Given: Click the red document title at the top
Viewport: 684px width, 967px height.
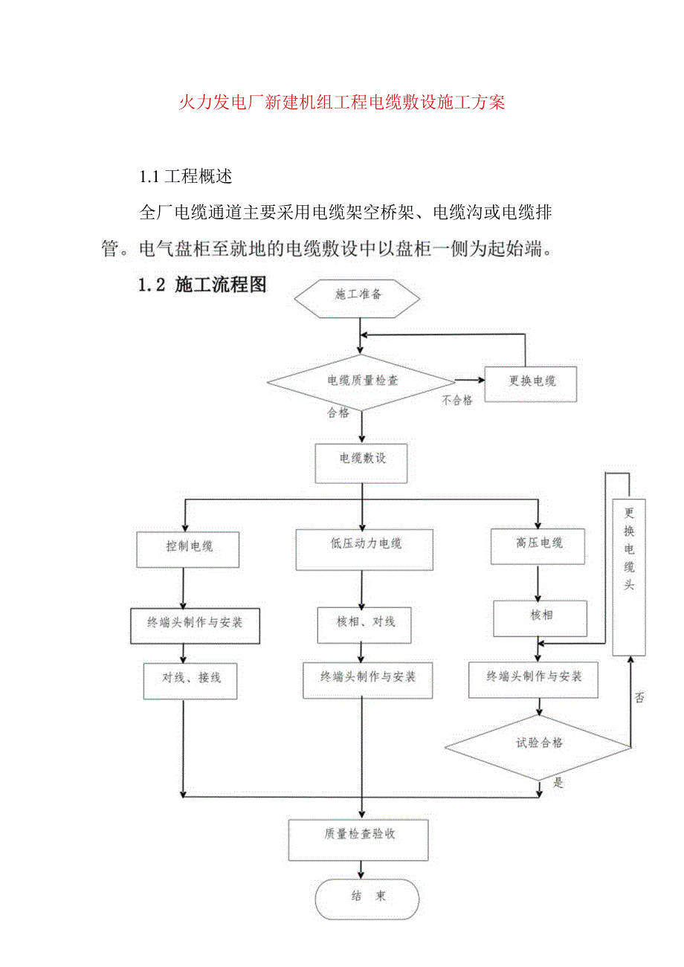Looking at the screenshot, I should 342,103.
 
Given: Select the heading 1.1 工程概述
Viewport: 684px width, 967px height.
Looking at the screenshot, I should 186,177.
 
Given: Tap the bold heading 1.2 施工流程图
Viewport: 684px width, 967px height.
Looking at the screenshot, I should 202,284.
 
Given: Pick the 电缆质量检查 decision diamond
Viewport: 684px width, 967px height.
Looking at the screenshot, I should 361,382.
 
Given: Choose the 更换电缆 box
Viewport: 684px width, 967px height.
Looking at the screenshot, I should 531,382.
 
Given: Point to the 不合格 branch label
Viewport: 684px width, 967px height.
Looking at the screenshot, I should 456,401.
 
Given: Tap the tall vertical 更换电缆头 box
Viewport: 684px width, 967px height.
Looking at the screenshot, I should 628,577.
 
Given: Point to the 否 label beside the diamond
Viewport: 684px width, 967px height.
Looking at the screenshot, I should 639,699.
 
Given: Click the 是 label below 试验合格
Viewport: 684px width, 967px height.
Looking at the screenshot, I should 558,782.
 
